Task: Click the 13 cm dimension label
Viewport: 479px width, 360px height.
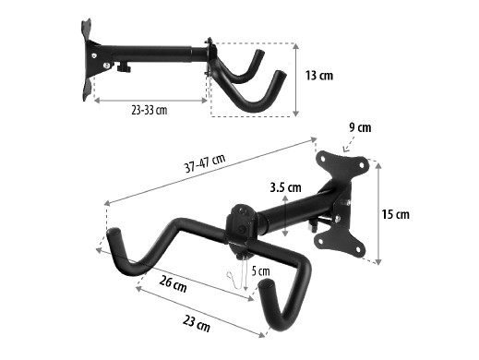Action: (x=319, y=76)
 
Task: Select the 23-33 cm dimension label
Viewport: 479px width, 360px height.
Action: (x=150, y=110)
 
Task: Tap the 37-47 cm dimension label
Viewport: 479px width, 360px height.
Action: (x=205, y=163)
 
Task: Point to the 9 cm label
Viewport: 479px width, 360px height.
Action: (x=360, y=127)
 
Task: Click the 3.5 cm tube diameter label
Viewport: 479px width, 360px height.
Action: (x=285, y=187)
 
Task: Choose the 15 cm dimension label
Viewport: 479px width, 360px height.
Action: (x=395, y=214)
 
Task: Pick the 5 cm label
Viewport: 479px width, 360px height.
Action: (x=260, y=271)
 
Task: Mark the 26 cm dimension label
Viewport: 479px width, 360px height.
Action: (x=173, y=283)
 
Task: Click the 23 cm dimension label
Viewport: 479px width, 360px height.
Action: (x=197, y=324)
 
